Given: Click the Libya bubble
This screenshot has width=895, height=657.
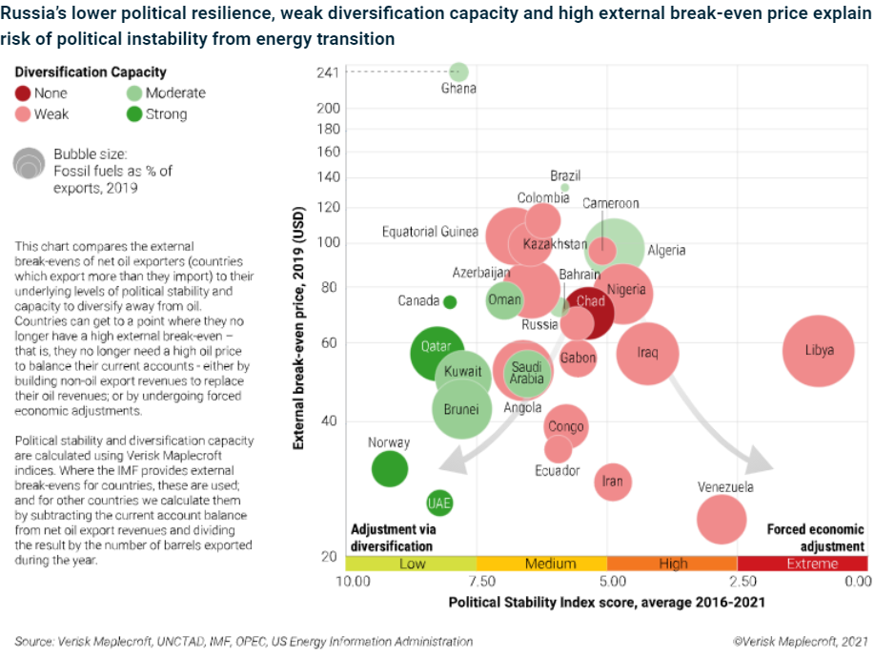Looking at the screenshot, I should (818, 351).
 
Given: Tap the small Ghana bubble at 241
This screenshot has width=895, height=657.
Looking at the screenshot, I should (458, 72).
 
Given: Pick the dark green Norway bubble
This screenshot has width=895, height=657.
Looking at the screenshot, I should (389, 468).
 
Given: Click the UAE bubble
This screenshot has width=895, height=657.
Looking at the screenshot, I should (439, 503).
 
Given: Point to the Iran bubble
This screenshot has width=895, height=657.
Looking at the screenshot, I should (613, 482).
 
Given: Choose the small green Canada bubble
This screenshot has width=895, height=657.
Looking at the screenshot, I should (450, 301).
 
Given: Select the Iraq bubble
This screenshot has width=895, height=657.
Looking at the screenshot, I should (647, 353).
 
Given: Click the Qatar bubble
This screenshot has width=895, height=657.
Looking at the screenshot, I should (437, 352).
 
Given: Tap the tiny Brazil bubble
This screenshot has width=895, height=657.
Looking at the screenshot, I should (564, 188).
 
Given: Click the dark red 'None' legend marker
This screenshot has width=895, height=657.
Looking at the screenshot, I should (23, 93).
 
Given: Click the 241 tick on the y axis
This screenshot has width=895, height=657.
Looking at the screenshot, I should (328, 72).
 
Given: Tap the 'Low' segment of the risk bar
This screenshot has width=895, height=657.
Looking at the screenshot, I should (412, 564).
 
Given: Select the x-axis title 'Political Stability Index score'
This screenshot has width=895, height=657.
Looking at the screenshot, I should (606, 603).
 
